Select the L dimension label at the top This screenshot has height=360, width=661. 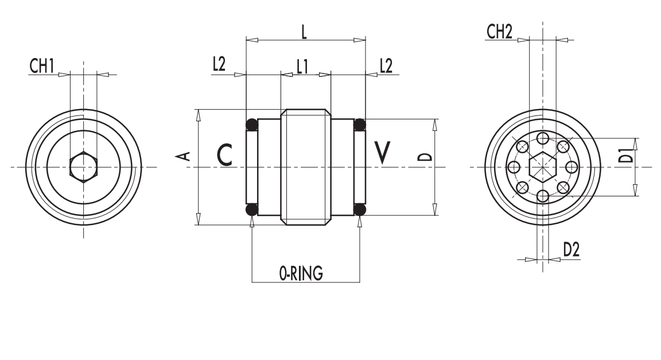pyautogui.click(x=304, y=32)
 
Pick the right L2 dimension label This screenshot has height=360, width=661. pyautogui.click(x=386, y=65)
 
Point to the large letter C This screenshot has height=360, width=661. pyautogui.click(x=225, y=154)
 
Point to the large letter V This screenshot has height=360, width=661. pyautogui.click(x=382, y=152)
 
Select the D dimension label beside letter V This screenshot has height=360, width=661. pyautogui.click(x=423, y=157)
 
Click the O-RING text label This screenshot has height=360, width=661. pyautogui.click(x=301, y=274)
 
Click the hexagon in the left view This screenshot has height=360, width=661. pyautogui.click(x=83, y=167)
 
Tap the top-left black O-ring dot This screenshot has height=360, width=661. pyautogui.click(x=251, y=124)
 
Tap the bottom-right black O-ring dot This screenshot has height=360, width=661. pyautogui.click(x=360, y=210)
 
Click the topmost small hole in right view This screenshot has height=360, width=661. pyautogui.click(x=542, y=138)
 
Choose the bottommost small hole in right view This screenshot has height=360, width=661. pyautogui.click(x=542, y=197)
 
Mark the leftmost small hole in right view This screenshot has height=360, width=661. pyautogui.click(x=514, y=167)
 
